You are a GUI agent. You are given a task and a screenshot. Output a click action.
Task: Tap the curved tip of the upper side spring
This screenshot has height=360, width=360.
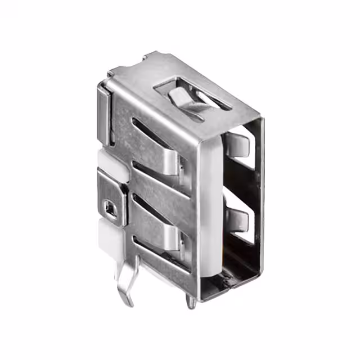point(179,166)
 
